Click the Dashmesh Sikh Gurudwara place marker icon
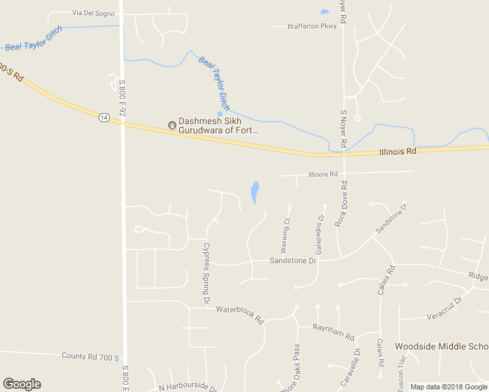172,125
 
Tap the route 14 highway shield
104,117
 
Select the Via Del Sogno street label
93,13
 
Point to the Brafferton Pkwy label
312,26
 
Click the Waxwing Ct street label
284,236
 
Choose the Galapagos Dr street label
320,235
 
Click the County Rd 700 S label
90,357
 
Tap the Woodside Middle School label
441,346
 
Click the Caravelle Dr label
350,369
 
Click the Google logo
22,384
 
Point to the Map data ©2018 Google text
448,387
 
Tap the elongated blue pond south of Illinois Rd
254,191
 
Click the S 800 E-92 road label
122,97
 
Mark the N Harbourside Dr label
188,387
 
